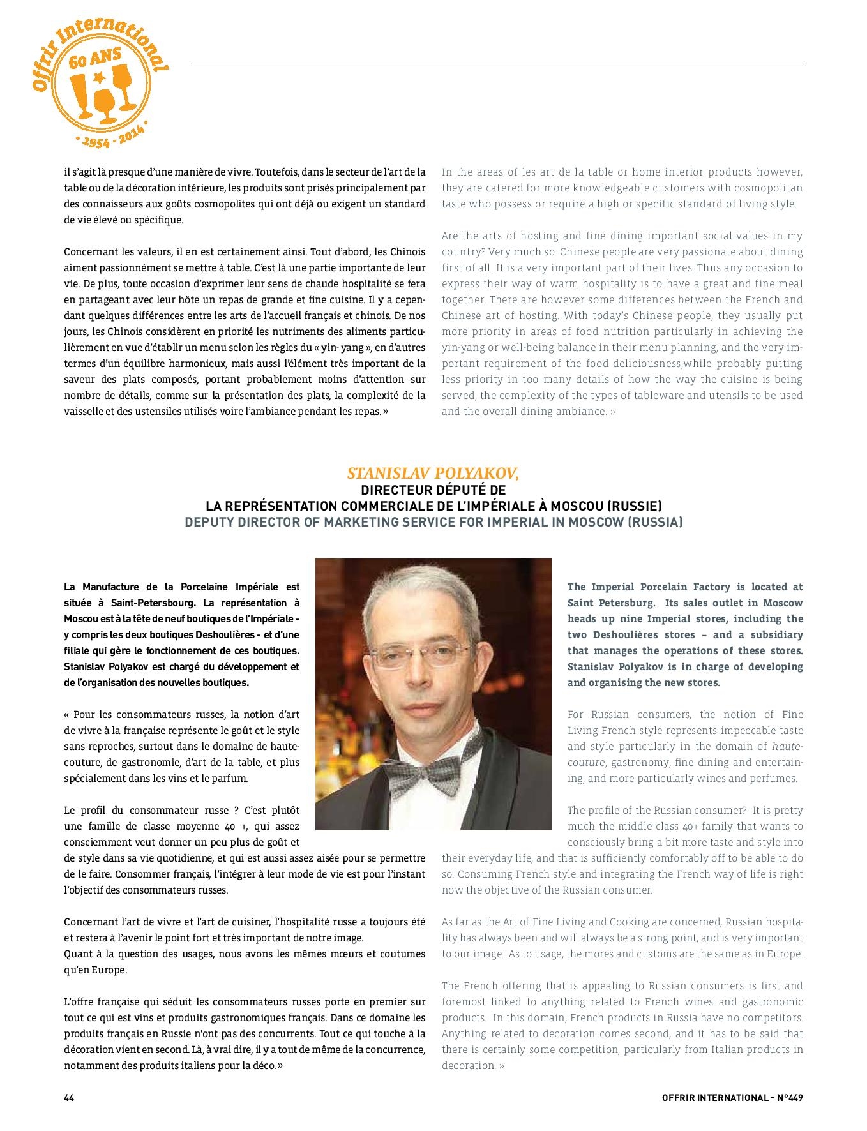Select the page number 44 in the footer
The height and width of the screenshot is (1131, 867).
click(70, 1098)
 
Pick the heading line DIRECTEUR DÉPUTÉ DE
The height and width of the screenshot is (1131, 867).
click(433, 490)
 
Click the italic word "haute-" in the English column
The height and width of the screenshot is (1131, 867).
click(787, 747)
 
